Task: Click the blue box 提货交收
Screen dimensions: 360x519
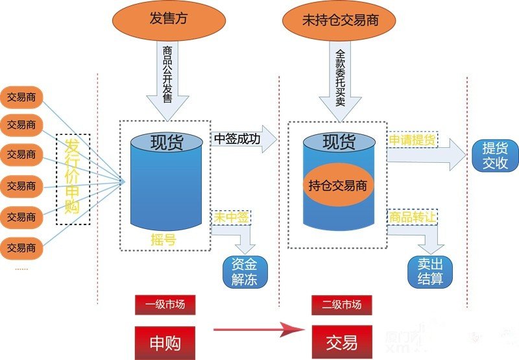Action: [x=495, y=156]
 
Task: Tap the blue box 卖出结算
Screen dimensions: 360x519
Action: [x=430, y=272]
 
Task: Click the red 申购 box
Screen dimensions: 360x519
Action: [x=165, y=341]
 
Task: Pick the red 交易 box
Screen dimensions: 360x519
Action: [x=341, y=341]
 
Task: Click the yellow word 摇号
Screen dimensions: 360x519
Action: [x=163, y=240]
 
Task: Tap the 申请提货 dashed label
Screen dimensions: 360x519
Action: [x=412, y=139]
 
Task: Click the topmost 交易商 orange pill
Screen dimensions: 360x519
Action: [x=22, y=98]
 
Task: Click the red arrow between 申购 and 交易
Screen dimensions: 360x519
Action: [x=259, y=331]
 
